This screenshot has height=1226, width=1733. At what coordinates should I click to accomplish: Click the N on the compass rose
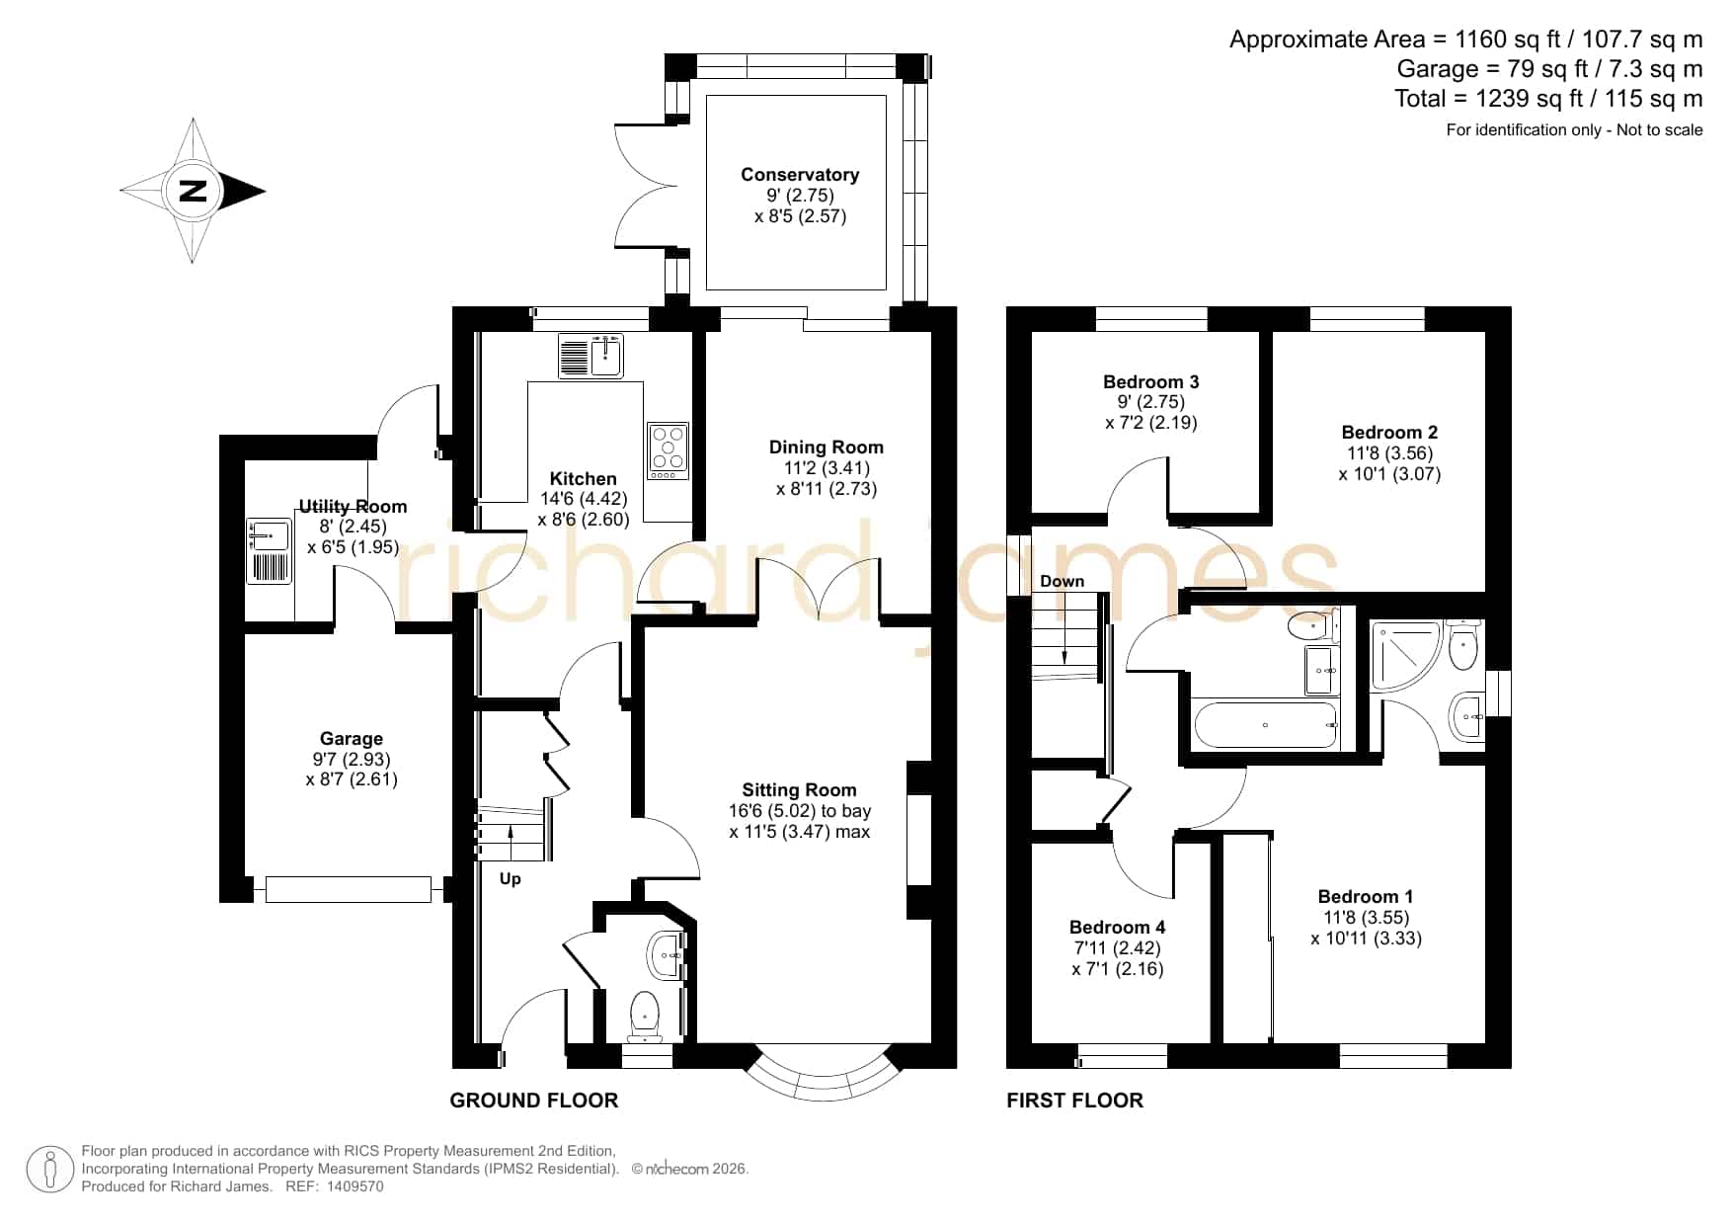pos(193,191)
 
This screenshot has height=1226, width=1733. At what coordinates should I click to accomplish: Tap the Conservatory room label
pos(800,175)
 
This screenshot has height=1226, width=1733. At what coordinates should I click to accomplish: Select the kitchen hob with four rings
pos(669,451)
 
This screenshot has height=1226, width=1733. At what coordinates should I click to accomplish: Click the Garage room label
pos(351,739)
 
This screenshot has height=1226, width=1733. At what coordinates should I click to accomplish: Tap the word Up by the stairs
pos(510,879)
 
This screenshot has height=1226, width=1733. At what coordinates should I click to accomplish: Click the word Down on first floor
pos(1062,582)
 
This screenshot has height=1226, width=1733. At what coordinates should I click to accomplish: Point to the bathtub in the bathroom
pos(1265,725)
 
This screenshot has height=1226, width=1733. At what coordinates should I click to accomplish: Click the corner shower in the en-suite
pos(1404,656)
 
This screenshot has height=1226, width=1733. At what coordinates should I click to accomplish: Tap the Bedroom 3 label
pos(1150,382)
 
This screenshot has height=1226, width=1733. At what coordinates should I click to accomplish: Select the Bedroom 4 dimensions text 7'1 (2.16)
pos(1117,969)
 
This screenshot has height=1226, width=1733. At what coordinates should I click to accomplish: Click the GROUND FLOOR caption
pos(534,1101)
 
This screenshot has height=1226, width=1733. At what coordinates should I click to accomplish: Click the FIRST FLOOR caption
pos(1074,1101)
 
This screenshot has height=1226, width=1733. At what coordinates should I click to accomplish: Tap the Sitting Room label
pos(799,790)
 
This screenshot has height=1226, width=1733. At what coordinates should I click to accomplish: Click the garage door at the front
pos(349,889)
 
